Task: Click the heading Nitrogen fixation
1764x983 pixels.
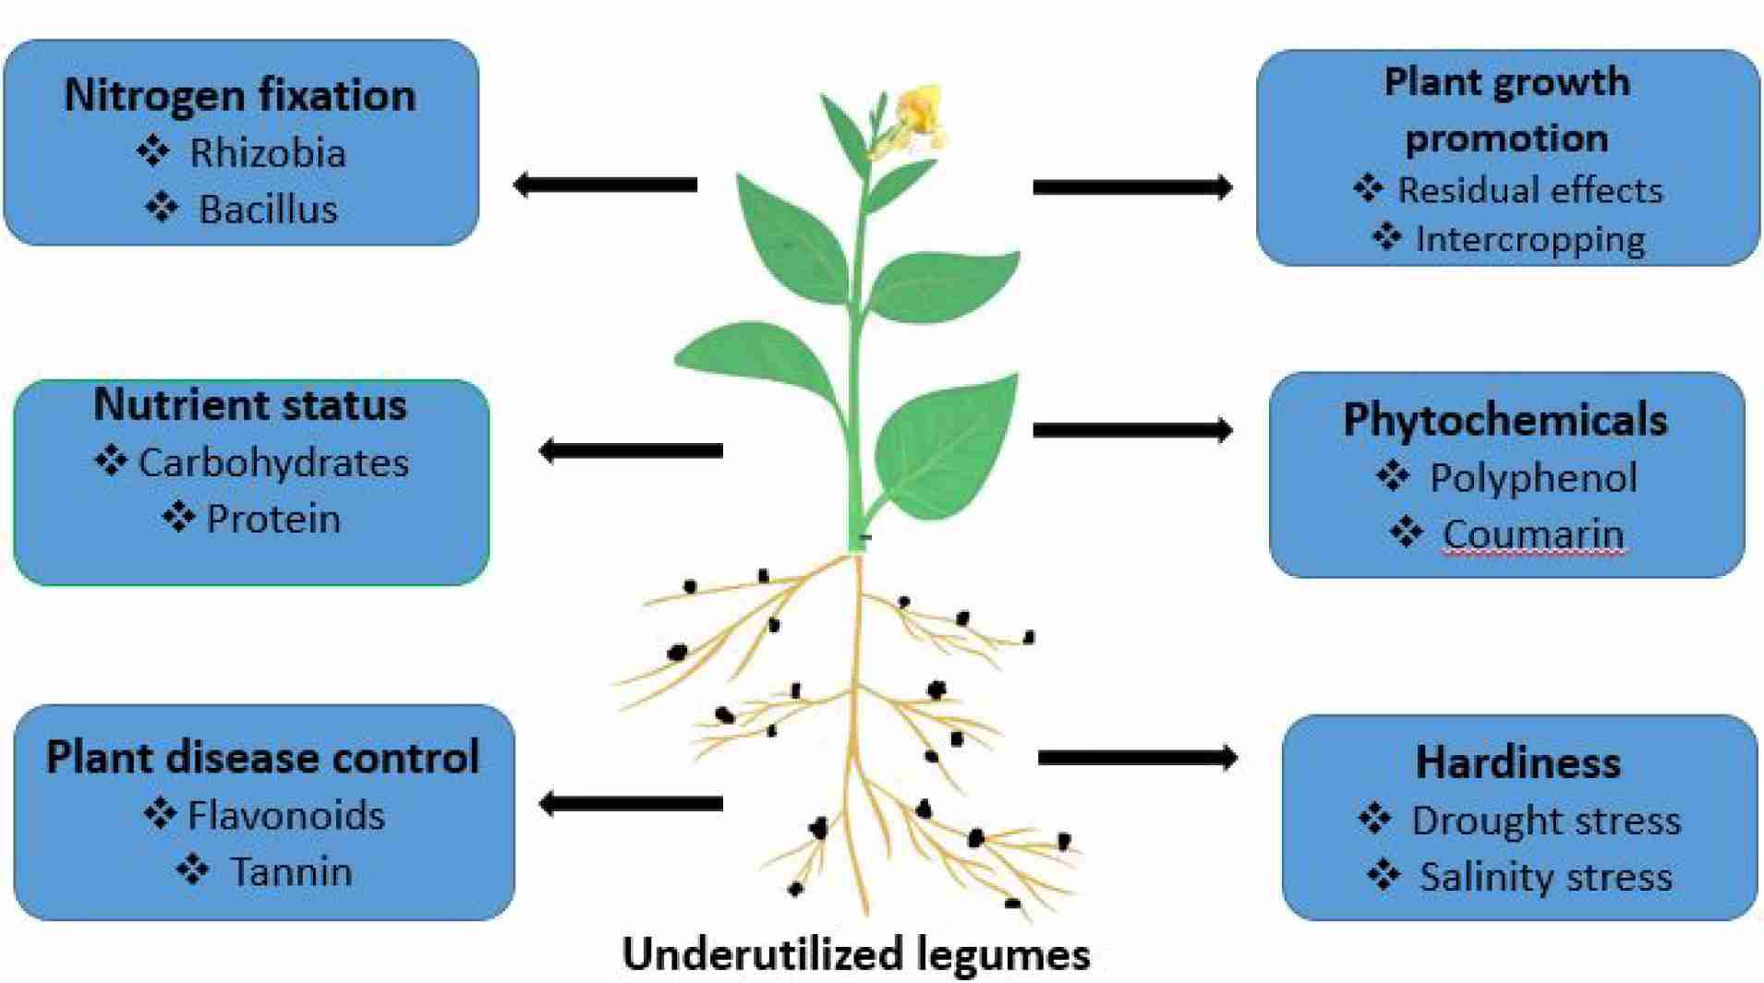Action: point(240,96)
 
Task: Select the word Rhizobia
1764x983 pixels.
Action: point(268,152)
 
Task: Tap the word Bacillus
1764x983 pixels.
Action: point(268,210)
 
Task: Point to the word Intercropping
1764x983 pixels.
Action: point(1529,239)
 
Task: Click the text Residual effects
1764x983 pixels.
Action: point(1529,190)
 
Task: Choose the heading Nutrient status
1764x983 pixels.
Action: point(250,405)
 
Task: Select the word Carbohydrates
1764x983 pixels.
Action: point(273,462)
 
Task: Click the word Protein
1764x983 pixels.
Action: point(273,519)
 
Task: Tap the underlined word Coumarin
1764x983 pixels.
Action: point(1533,534)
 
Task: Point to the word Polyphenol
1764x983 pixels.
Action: point(1533,478)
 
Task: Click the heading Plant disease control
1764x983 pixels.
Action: point(263,758)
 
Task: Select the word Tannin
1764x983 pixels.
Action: point(291,872)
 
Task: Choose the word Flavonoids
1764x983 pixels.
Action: point(286,816)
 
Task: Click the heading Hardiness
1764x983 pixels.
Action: point(1518,763)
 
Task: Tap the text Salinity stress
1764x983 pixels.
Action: point(1545,877)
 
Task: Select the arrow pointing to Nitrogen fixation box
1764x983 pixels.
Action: point(605,185)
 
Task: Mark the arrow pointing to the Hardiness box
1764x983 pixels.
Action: point(1137,758)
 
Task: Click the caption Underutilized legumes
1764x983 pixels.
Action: point(856,954)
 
